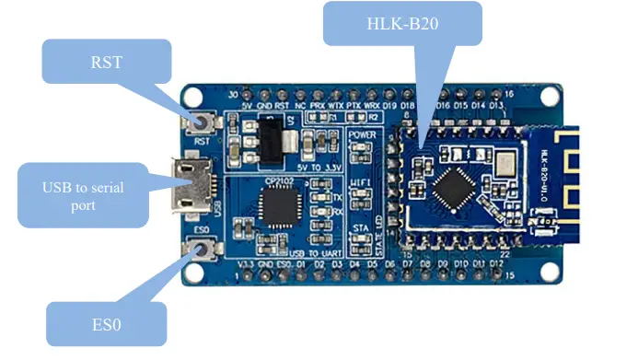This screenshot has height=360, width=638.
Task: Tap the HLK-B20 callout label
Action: tap(402, 23)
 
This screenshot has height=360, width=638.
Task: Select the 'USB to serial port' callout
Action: tap(83, 195)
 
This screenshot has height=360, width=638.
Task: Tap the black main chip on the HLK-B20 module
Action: tap(455, 188)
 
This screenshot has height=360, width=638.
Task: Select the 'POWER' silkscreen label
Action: tap(363, 135)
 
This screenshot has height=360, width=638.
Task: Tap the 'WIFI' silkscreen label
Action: tap(361, 182)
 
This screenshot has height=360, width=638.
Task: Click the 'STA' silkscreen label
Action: tap(361, 224)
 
